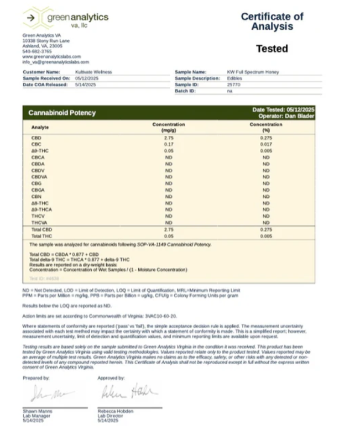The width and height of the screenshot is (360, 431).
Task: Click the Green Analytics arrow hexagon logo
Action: click(x=32, y=17)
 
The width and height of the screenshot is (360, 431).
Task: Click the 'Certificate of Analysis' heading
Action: click(x=272, y=21)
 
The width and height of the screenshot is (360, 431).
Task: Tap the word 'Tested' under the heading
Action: click(x=272, y=49)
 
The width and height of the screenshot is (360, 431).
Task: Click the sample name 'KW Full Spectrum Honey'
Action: click(x=253, y=72)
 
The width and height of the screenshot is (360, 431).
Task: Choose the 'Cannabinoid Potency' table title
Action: click(x=62, y=113)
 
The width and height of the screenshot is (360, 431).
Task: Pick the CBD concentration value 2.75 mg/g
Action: click(x=169, y=138)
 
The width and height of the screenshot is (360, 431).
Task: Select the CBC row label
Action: click(x=36, y=144)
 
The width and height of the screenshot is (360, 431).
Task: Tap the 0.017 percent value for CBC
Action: click(x=265, y=144)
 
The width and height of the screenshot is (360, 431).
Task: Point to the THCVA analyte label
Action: click(x=39, y=223)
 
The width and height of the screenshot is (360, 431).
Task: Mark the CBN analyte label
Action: click(x=36, y=197)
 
